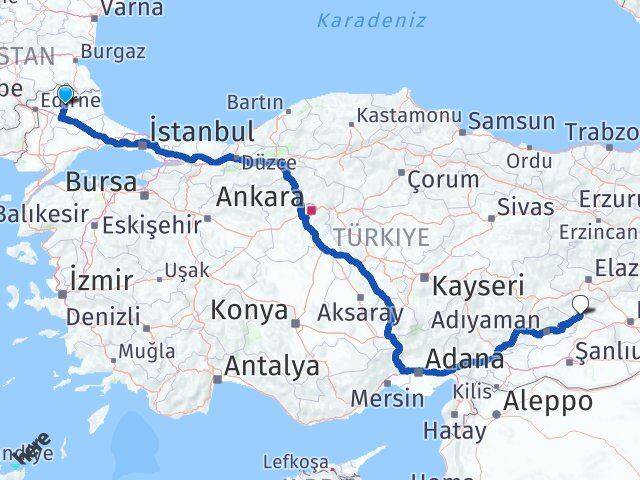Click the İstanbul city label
(x=201, y=131)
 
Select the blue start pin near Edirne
(x=66, y=96)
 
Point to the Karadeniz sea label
(x=371, y=20)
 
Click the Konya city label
(x=249, y=310)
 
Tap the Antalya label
(x=271, y=367)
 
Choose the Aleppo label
(x=549, y=401)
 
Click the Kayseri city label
(x=478, y=284)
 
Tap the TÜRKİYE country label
(x=381, y=237)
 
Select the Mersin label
(x=387, y=398)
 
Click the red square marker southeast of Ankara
(x=311, y=211)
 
